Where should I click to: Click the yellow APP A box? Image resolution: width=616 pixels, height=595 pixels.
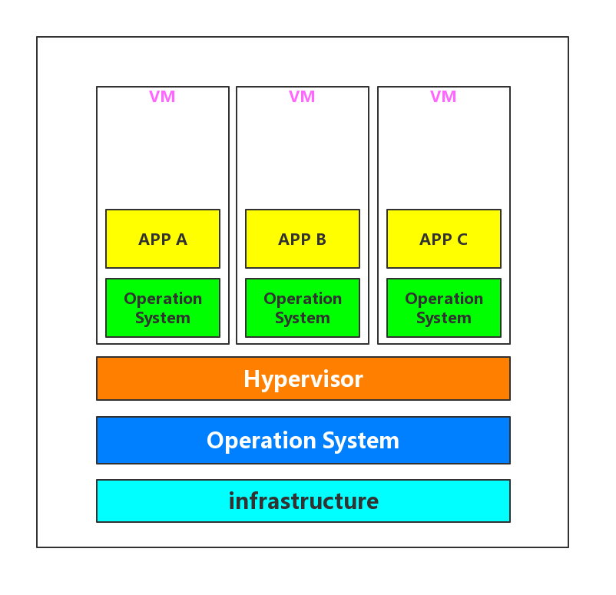click(163, 239)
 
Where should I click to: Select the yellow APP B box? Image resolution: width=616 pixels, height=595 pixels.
click(303, 239)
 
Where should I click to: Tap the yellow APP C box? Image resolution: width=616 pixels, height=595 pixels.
click(444, 239)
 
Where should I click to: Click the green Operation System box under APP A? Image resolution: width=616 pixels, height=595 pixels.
click(163, 308)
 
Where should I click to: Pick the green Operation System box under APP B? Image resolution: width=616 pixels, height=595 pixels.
click(303, 308)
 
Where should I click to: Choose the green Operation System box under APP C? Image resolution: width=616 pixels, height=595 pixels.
click(444, 308)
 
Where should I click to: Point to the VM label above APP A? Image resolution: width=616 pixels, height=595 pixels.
click(162, 97)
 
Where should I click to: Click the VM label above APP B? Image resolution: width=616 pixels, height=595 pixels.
click(302, 97)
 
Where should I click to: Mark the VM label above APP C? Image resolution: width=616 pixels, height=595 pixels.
click(443, 97)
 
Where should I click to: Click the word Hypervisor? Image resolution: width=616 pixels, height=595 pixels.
click(303, 378)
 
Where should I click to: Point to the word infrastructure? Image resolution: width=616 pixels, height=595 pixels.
click(303, 501)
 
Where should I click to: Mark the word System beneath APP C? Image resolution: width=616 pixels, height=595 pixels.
click(444, 318)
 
